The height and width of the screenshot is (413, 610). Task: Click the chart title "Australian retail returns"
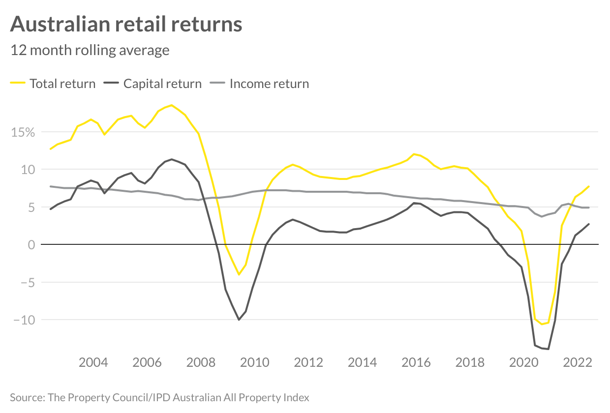[126, 24]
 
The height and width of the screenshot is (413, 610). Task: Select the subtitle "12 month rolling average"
[90, 50]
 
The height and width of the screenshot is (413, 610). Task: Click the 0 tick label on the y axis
[31, 245]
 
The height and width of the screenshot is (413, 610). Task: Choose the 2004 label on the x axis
[93, 363]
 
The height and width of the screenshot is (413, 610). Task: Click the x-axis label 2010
[255, 363]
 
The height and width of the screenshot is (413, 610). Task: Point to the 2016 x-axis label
[416, 363]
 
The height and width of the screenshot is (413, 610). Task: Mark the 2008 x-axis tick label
[201, 363]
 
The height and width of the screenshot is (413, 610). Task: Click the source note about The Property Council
[159, 397]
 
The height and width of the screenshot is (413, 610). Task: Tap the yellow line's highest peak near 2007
[171, 105]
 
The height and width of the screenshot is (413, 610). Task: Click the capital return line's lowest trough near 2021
[548, 349]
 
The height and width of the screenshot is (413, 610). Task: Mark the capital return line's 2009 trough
[239, 320]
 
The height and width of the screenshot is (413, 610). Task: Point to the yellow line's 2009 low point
[239, 274]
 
